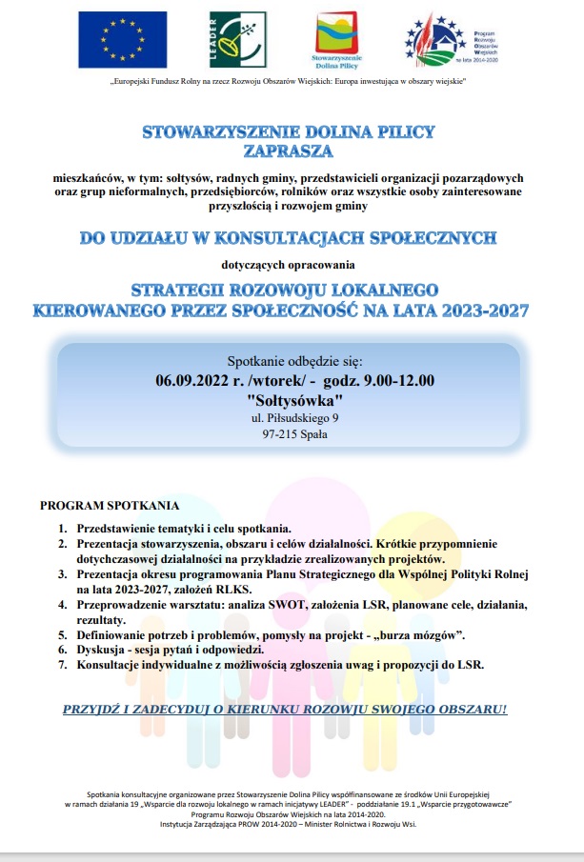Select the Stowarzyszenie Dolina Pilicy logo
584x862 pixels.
pyautogui.click(x=341, y=42)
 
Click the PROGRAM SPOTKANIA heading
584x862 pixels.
pyautogui.click(x=110, y=505)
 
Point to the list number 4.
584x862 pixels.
pyautogui.click(x=63, y=605)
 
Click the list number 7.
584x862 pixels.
pyautogui.click(x=63, y=665)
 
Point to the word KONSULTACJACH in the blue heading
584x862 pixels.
pyautogui.click(x=318, y=237)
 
